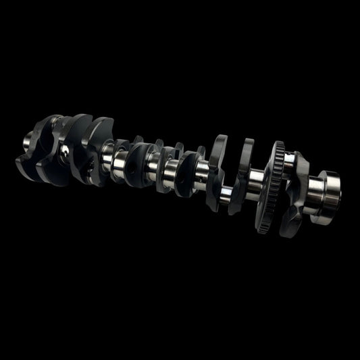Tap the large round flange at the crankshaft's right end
[x=329, y=192]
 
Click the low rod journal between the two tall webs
[x=230, y=192]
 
